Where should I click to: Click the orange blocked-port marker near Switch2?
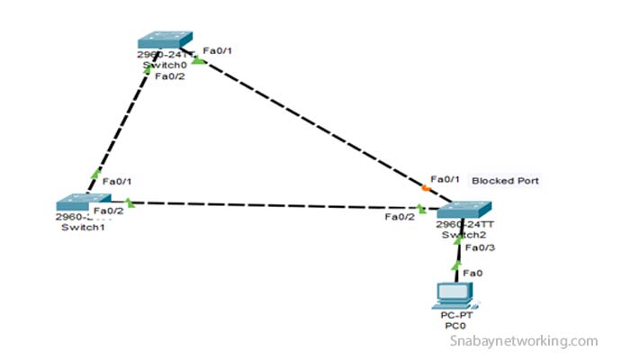tap(425, 188)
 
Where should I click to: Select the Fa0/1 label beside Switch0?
tap(218, 50)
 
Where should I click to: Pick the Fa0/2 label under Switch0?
tap(170, 76)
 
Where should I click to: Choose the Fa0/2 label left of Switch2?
tap(400, 217)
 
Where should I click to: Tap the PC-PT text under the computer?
tap(455, 316)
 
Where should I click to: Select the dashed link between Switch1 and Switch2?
tap(270, 204)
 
